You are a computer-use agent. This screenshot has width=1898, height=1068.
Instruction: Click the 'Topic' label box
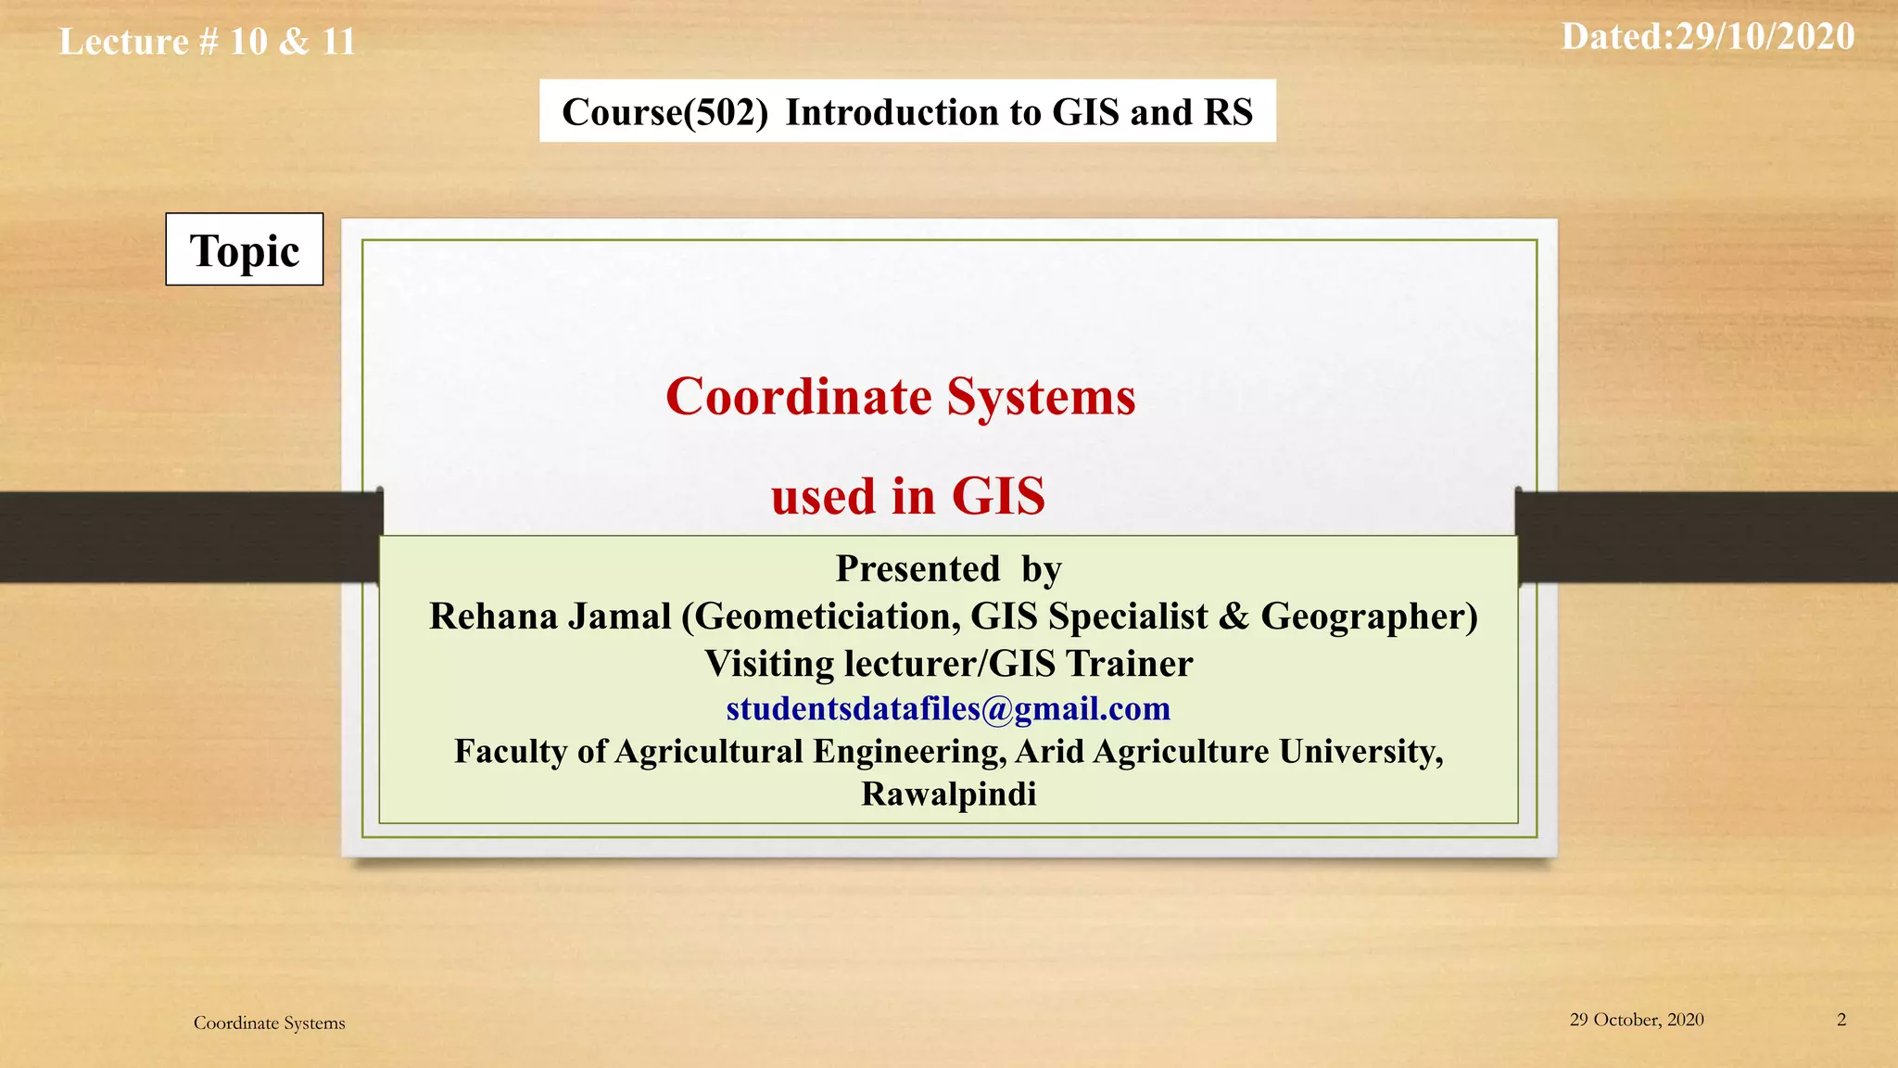245,249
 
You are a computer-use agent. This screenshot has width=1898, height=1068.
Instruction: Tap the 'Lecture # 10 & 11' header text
208,42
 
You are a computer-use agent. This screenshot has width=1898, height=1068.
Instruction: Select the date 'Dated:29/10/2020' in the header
1707,37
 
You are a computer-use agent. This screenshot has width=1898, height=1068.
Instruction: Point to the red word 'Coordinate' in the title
799,397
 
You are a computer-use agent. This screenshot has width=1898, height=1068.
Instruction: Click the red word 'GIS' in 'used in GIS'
998,496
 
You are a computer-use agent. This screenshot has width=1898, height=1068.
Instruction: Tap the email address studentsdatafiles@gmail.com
948,708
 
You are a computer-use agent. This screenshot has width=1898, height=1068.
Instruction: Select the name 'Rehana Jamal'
550,617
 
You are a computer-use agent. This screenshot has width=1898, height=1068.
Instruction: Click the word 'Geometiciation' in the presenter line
825,617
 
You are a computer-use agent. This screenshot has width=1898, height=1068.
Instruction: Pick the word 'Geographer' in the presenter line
1363,617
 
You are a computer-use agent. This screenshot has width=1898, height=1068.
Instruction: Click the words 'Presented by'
948,569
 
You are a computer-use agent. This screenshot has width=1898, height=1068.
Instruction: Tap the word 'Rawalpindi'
948,795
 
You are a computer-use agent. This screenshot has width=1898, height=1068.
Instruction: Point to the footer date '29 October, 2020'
1637,1020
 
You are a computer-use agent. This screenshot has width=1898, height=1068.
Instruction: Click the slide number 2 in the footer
1841,1020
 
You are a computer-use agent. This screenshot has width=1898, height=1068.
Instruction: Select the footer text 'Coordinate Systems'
269,1023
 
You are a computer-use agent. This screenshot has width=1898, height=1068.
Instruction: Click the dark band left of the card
185,537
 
